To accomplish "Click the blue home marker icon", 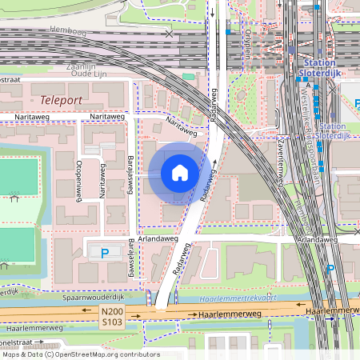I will [179, 173].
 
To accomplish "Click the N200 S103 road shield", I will [111, 315].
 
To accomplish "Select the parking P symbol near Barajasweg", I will [105, 253].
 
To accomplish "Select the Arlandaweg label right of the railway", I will [315, 239].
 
